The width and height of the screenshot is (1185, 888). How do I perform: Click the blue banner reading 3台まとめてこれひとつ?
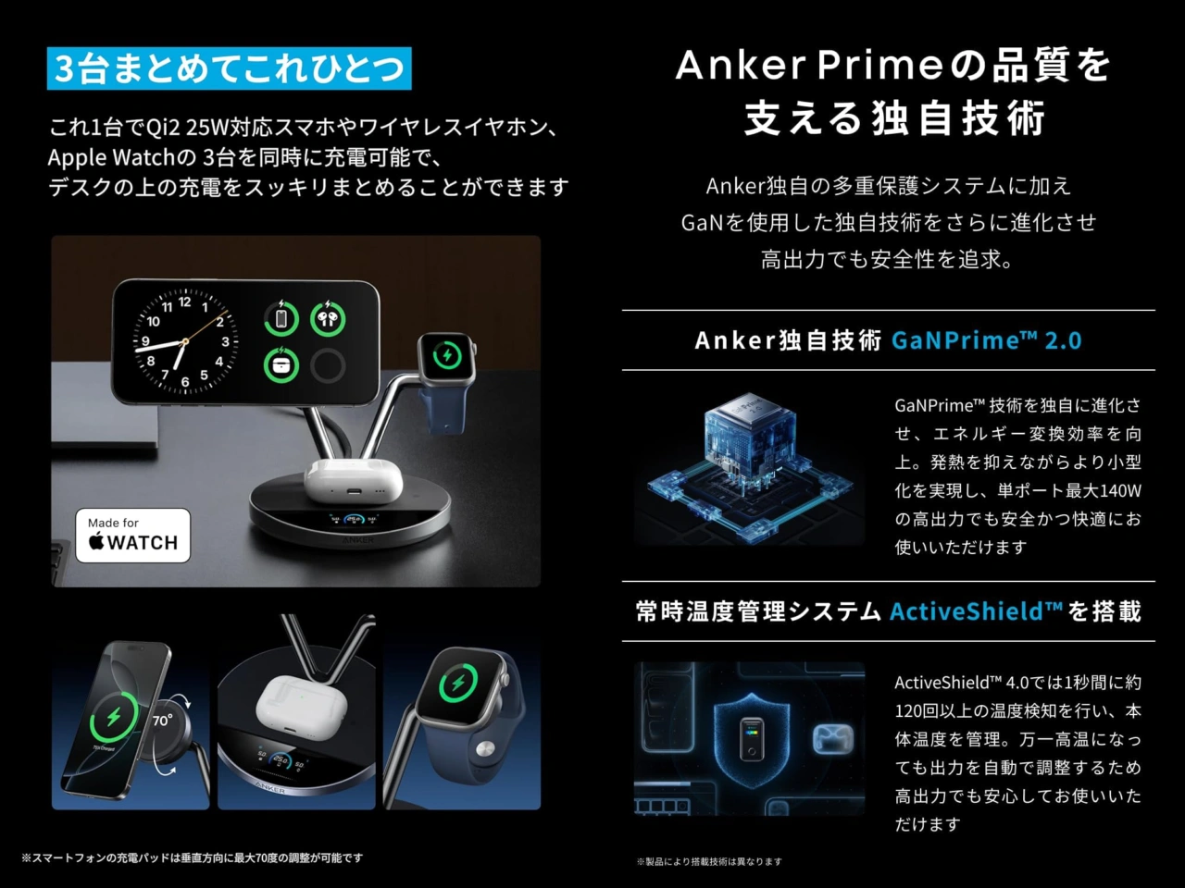click(x=229, y=69)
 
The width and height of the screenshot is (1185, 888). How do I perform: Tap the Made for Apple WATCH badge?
click(x=132, y=536)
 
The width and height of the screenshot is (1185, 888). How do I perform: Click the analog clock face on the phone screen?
click(x=185, y=340)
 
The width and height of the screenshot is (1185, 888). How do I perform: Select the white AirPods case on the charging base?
click(x=343, y=477)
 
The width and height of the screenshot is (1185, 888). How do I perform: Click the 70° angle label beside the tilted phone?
click(x=162, y=721)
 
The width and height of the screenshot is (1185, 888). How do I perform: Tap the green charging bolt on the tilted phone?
click(x=114, y=718)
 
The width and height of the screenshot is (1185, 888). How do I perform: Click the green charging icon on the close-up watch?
click(x=456, y=684)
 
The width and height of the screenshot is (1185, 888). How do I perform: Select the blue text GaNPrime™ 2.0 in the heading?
click(x=986, y=340)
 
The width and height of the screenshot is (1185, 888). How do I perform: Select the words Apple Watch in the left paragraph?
click(x=111, y=157)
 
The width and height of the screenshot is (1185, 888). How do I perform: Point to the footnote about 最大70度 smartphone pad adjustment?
click(x=193, y=858)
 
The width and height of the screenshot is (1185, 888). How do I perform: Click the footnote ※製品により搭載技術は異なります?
click(x=709, y=861)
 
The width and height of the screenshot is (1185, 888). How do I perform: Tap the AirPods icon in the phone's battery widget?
click(x=327, y=319)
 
